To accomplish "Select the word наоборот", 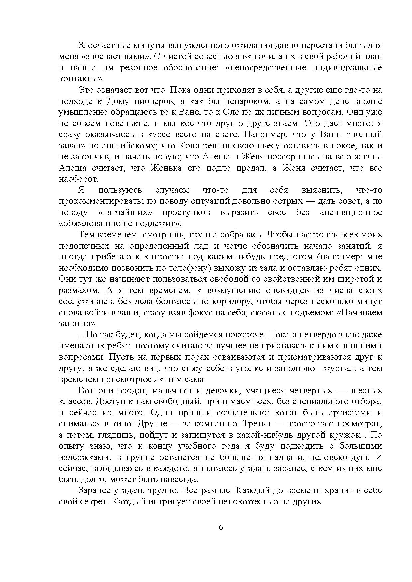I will [x=78, y=179].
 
